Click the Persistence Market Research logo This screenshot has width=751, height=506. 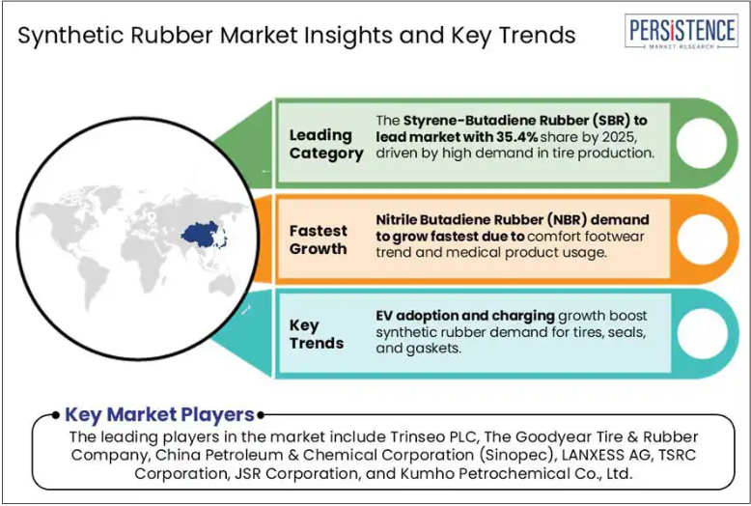(x=681, y=31)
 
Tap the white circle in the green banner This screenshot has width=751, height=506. (x=702, y=143)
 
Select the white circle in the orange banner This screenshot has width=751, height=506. (x=703, y=239)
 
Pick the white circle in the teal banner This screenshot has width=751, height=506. (x=703, y=333)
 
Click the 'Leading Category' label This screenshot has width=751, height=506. (x=326, y=144)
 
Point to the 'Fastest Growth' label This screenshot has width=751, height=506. (x=318, y=239)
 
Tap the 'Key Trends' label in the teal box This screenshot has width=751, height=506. (x=316, y=334)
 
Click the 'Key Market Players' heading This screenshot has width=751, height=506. (x=159, y=414)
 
